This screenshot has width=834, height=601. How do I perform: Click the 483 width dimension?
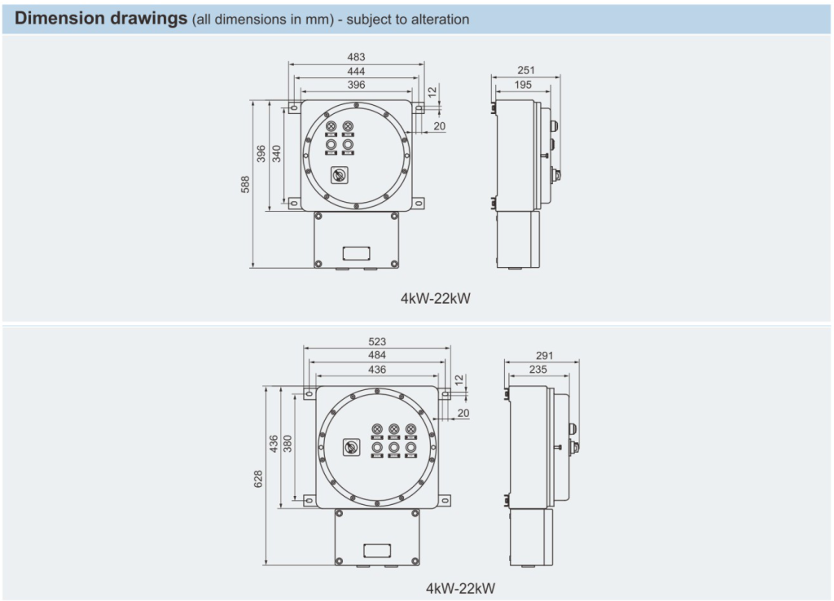tap(356, 57)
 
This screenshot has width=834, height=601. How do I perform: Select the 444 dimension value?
tap(356, 71)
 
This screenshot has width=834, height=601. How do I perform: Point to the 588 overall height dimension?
tap(245, 184)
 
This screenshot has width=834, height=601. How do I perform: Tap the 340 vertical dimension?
tap(277, 154)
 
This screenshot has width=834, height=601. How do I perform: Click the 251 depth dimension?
tap(526, 71)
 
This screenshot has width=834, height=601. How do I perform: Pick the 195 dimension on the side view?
tap(523, 85)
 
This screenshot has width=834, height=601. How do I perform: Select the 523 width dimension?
tap(377, 341)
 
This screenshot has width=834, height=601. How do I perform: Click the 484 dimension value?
tap(377, 355)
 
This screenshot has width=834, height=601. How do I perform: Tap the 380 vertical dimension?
tap(288, 443)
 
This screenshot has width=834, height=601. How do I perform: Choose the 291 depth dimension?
tap(545, 355)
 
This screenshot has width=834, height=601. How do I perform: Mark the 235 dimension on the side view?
tap(538, 369)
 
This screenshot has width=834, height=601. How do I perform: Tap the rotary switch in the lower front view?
tap(353, 447)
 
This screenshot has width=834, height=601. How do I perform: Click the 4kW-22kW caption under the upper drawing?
tap(435, 298)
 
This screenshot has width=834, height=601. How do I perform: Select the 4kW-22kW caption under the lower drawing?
tap(459, 587)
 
